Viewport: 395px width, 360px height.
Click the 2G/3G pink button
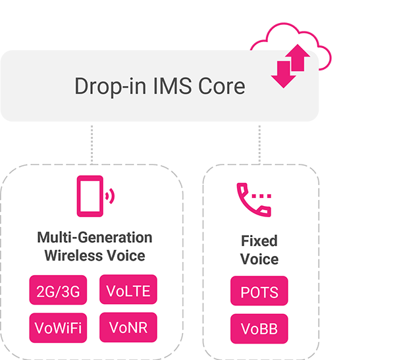coord(59,290)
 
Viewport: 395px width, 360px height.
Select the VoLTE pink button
coord(128,290)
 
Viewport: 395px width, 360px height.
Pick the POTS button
coord(259,292)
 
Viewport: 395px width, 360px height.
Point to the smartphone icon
coord(90,195)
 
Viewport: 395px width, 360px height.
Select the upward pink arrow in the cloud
coord(298,59)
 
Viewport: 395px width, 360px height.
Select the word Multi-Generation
coord(94,238)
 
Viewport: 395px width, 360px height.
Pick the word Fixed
coord(259,241)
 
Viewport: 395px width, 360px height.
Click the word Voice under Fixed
coord(259,259)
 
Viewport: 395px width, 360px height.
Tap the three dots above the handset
coord(262,195)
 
